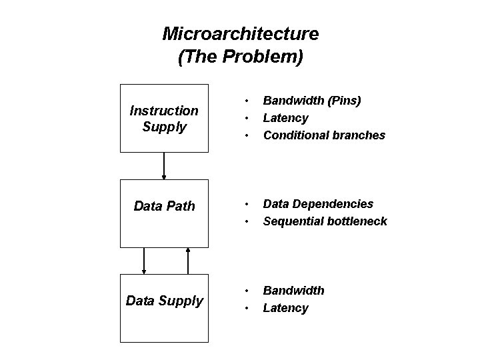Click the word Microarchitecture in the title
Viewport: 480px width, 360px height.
(x=240, y=33)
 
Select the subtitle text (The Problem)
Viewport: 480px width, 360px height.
(x=240, y=57)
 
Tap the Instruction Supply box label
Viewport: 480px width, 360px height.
(x=163, y=117)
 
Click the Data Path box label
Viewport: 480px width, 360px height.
(x=164, y=206)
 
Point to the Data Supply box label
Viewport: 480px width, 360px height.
(x=164, y=301)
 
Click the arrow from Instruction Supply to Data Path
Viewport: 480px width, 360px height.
(x=164, y=166)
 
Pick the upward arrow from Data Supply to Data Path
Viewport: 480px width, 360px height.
(x=188, y=261)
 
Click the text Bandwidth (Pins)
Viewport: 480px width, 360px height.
(x=312, y=101)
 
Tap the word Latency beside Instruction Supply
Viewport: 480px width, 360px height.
(x=285, y=118)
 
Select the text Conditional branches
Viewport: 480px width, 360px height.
(x=324, y=135)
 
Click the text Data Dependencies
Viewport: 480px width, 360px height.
(x=318, y=203)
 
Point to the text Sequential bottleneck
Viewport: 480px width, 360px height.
(x=325, y=221)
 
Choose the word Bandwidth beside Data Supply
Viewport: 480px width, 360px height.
(x=293, y=291)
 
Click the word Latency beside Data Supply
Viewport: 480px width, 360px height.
(x=285, y=308)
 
